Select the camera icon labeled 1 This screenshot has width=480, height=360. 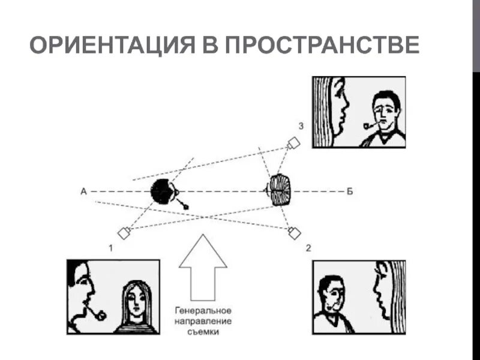click(124, 233)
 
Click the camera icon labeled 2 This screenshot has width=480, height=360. click(294, 233)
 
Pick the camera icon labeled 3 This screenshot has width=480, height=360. click(293, 143)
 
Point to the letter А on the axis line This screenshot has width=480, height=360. click(83, 191)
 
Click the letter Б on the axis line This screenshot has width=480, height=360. click(349, 191)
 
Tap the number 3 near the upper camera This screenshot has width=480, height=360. click(301, 126)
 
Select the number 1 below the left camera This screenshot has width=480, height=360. click(111, 247)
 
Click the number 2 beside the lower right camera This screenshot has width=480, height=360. click(308, 247)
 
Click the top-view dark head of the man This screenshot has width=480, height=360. click(162, 191)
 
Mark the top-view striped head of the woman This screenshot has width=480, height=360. click(279, 190)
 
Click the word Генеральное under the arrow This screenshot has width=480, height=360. click(203, 312)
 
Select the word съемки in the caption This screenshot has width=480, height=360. click(203, 332)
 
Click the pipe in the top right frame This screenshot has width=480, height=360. click(368, 125)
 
